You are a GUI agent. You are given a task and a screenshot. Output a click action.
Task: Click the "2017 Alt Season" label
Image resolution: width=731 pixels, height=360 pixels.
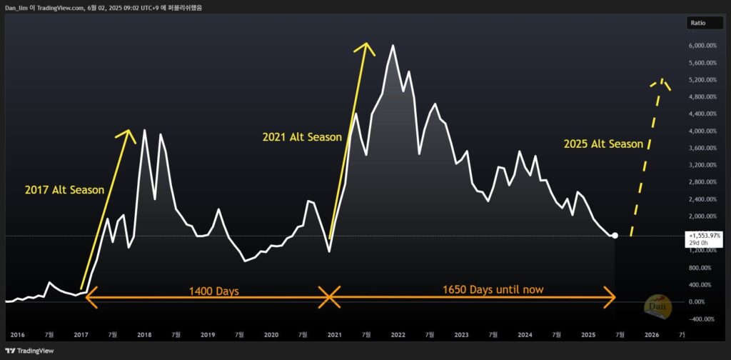[x=65, y=190]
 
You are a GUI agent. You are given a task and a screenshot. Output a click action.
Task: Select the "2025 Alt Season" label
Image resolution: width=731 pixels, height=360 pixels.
[x=603, y=144]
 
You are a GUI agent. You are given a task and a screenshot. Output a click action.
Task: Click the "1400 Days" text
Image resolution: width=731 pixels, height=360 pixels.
[x=213, y=291]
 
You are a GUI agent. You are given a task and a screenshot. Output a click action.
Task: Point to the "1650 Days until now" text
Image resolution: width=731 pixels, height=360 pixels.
[x=493, y=289]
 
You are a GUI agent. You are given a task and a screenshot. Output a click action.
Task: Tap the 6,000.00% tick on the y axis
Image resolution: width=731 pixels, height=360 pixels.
[x=702, y=46]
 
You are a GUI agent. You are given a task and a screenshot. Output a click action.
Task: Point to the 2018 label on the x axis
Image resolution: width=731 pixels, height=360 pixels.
[x=144, y=334]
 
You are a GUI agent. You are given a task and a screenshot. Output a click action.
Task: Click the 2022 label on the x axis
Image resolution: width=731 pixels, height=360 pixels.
[x=398, y=334]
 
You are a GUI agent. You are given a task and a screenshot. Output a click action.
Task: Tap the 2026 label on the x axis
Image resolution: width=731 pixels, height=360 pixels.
[x=652, y=334]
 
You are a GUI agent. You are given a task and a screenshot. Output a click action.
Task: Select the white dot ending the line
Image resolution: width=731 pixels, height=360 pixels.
[x=615, y=235]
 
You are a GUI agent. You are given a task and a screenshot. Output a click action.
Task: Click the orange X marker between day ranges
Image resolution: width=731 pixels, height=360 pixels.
[x=328, y=296]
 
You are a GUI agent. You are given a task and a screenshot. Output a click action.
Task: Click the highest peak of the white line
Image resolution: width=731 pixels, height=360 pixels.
[x=393, y=45]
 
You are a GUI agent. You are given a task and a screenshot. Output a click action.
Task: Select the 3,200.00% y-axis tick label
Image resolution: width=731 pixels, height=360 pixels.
[x=702, y=165]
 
